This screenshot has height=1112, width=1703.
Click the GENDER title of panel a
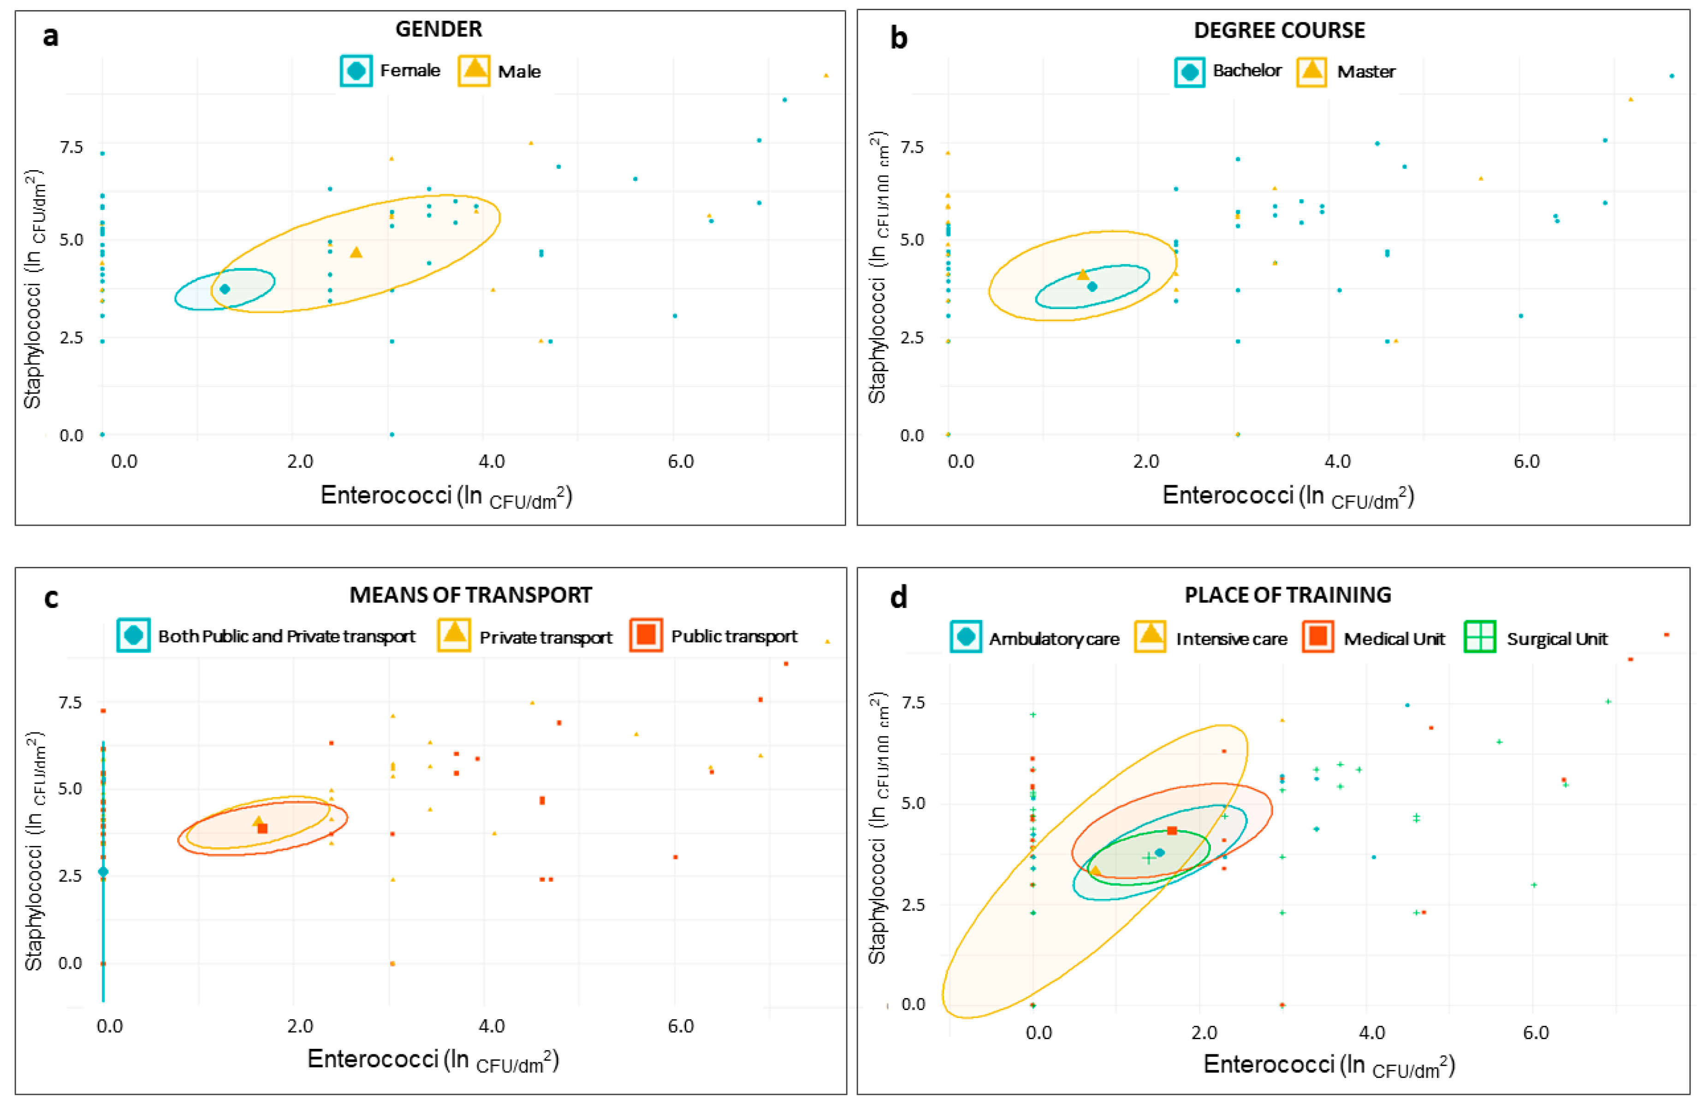pos(439,30)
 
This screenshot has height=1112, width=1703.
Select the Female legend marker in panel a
pos(356,71)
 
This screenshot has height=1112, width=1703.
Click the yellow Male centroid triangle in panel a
pos(356,252)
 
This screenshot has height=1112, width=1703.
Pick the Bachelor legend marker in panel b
pos(1189,71)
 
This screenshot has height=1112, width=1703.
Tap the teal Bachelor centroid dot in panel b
pos(1092,287)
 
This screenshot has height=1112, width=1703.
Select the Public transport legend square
pos(646,635)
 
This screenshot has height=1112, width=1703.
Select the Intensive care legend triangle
pos(1151,636)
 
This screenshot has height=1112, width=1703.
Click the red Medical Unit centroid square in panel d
pos(1171,831)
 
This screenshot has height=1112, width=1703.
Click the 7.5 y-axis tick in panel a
pos(71,147)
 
